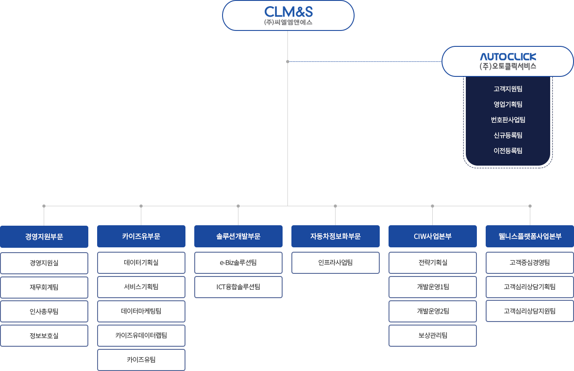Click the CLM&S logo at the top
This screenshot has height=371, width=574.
(288, 12)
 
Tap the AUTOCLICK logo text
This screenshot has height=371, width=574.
(508, 57)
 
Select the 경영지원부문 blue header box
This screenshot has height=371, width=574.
(44, 236)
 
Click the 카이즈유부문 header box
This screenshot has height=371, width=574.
(141, 236)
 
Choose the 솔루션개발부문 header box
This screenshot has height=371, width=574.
(238, 236)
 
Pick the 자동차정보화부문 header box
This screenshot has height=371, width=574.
(336, 236)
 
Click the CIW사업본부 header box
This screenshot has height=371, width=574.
(433, 236)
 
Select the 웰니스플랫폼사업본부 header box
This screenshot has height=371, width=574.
(530, 236)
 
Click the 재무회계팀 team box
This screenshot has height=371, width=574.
(44, 287)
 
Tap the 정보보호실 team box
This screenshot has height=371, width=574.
(44, 336)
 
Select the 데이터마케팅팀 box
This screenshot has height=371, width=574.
(141, 311)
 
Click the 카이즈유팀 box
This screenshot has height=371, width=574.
(141, 360)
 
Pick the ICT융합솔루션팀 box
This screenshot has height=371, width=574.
(238, 287)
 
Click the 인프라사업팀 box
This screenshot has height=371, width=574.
(336, 262)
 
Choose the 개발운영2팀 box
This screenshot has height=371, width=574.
(433, 311)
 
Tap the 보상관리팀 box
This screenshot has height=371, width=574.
(433, 336)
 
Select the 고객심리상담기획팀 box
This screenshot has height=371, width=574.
(530, 287)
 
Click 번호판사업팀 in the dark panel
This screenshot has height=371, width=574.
(508, 120)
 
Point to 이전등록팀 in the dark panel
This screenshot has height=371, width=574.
(508, 151)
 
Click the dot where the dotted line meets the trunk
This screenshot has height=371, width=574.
(287, 61)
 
